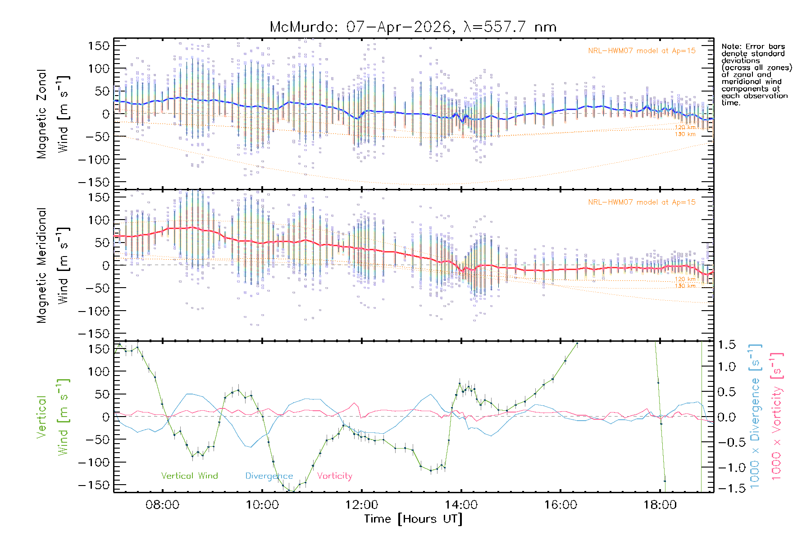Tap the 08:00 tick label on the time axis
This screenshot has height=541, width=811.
pos(162,504)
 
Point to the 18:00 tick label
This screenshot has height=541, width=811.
pos(660,504)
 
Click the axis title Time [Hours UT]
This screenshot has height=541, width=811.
pos(413,519)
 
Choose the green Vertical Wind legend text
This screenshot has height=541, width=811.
pos(189,476)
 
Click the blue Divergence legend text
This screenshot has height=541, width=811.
pos(269,476)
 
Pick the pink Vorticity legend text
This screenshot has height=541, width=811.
pos(334,476)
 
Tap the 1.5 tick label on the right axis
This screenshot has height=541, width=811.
pos(726,345)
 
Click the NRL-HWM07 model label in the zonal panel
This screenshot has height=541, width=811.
pos(642,51)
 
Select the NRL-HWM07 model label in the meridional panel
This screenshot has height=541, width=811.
pos(642,202)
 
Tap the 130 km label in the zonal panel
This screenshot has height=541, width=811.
pos(685,134)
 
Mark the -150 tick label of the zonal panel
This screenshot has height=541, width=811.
pos(94,182)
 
